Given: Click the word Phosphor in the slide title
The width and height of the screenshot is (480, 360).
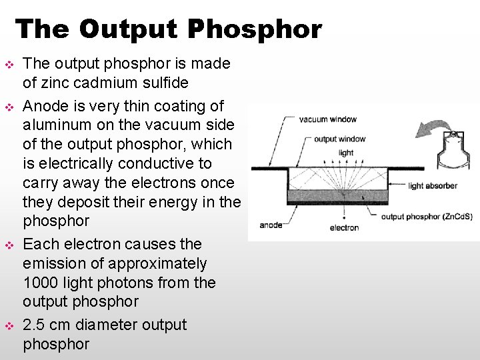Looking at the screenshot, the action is pyautogui.click(x=255, y=30).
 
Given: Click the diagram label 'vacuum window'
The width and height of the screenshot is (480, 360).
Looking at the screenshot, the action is pyautogui.click(x=327, y=120).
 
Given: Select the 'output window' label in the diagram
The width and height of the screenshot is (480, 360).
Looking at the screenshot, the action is pyautogui.click(x=339, y=139).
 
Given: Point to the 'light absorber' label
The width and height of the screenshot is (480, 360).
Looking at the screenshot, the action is pyautogui.click(x=433, y=186).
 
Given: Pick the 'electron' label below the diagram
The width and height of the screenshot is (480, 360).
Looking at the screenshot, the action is pyautogui.click(x=344, y=227).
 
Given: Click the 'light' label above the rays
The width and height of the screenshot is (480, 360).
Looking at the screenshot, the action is pyautogui.click(x=346, y=153).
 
